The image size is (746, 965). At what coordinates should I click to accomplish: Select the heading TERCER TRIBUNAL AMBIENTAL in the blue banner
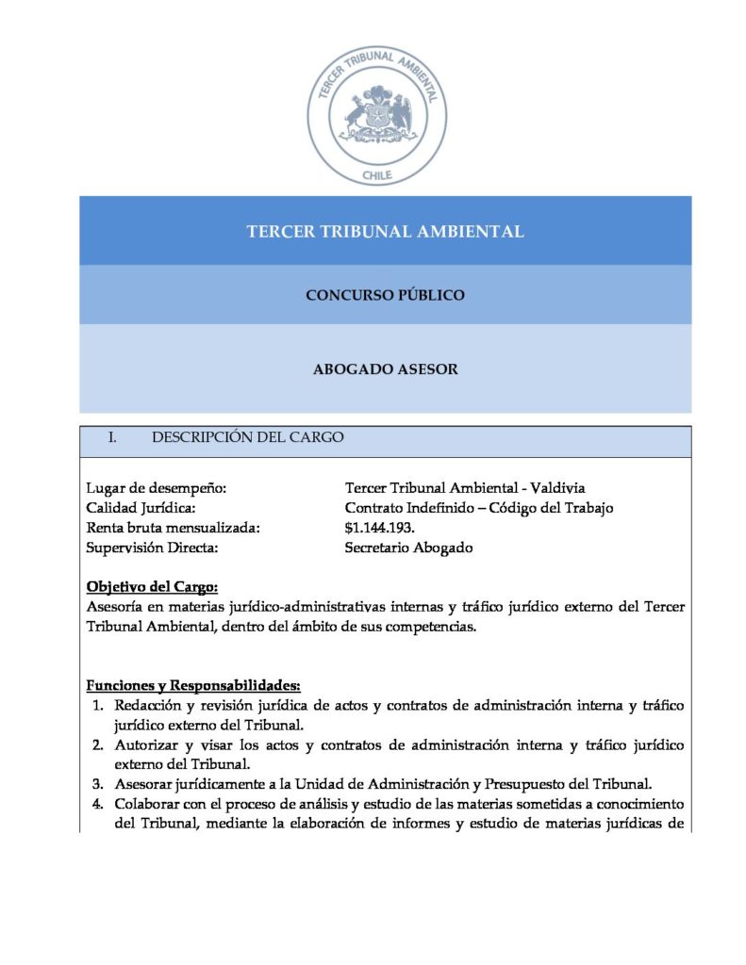tap(385, 231)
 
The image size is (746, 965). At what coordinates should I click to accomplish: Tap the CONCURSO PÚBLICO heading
tap(385, 295)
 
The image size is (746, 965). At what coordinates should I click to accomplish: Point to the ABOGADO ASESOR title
tap(385, 369)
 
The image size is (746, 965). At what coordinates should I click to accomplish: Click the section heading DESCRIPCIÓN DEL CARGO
tap(247, 437)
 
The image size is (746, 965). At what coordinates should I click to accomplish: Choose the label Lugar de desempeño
tap(157, 488)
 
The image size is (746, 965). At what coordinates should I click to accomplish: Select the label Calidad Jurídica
tap(141, 508)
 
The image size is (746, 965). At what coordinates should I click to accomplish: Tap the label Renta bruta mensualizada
tap(173, 528)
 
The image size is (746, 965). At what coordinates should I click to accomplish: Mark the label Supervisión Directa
tap(152, 548)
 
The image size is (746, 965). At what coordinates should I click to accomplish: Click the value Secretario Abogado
tap(408, 548)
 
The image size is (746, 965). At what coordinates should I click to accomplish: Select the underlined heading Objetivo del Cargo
tap(152, 586)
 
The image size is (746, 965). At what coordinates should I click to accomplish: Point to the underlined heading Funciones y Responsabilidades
tap(193, 684)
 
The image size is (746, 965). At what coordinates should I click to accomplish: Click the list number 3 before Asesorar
tap(97, 783)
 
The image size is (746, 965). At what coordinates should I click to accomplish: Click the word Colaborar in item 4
tap(148, 803)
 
